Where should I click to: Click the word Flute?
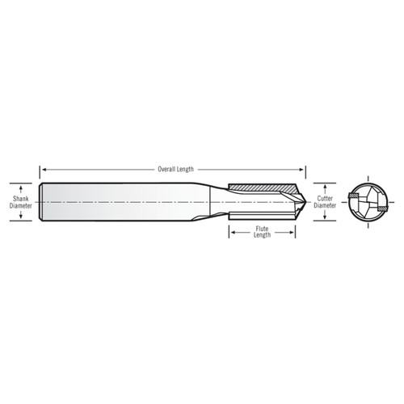pos(263,229)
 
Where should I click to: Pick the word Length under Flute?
pos(263,236)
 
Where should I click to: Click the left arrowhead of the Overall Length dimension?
pos(44,170)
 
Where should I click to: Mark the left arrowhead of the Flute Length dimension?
pos(233,232)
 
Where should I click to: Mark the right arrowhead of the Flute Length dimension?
pos(292,232)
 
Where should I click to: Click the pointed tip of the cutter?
pos(304,201)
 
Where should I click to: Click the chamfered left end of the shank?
pos(41,201)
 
